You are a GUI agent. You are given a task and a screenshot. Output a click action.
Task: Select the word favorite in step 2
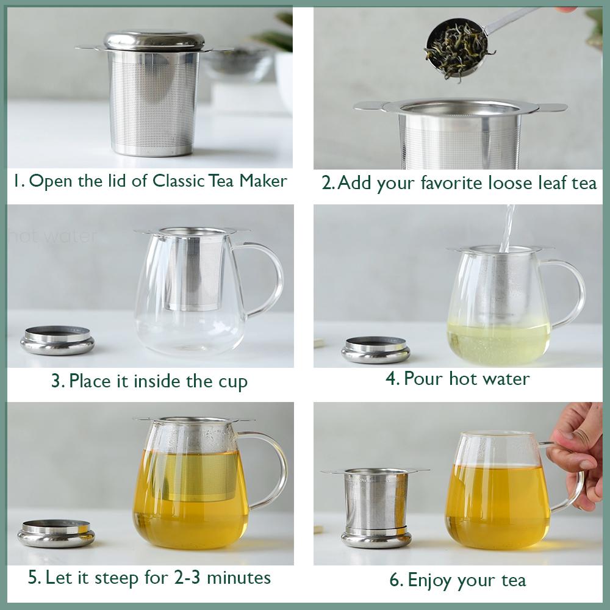(x=457, y=183)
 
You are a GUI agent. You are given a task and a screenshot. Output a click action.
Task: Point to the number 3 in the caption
(x=57, y=382)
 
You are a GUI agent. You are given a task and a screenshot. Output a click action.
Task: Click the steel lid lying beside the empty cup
(x=57, y=340)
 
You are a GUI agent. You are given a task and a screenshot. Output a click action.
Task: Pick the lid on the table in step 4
(x=375, y=349)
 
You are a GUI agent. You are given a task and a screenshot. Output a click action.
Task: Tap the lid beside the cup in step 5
(x=56, y=533)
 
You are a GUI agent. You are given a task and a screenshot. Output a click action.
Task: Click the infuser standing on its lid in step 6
(x=375, y=503)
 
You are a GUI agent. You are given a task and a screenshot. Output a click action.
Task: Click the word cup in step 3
(x=233, y=383)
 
